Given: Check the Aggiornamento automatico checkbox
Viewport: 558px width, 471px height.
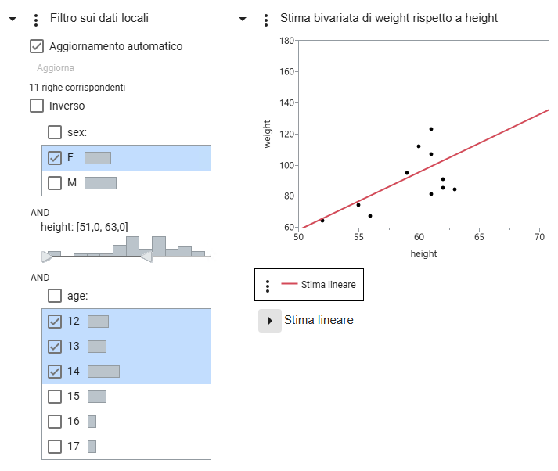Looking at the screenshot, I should coord(37,46).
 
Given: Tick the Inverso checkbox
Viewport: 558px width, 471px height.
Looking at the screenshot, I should coord(37,106).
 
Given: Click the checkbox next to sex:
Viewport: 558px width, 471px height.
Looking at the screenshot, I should coord(56,132).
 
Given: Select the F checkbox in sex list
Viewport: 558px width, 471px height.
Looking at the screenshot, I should coord(55,158).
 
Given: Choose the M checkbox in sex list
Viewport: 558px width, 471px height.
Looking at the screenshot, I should coord(55,183).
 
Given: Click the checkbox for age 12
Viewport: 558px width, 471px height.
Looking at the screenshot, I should coord(55,321).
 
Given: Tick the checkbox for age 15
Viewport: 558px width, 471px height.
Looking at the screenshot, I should coord(55,397).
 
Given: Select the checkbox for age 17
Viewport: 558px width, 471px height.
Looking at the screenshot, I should coord(55,447).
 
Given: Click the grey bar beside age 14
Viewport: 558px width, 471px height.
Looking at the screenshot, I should coord(103,372).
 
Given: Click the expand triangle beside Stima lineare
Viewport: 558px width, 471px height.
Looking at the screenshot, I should coord(269,321).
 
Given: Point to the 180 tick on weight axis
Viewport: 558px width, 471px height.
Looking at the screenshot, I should coord(286,40).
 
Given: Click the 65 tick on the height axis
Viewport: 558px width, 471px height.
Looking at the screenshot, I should coord(479,235).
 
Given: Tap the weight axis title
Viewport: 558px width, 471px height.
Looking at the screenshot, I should coord(268,134).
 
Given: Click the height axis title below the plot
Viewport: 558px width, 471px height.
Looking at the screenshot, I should coord(423,253).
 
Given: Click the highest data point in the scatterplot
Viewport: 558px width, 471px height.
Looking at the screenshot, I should coord(431,129).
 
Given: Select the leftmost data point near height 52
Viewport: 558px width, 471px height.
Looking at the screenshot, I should coord(322,221).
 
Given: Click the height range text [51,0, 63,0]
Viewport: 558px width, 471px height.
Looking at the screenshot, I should coord(84,227).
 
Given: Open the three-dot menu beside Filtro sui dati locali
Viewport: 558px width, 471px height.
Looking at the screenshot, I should coord(36,19).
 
